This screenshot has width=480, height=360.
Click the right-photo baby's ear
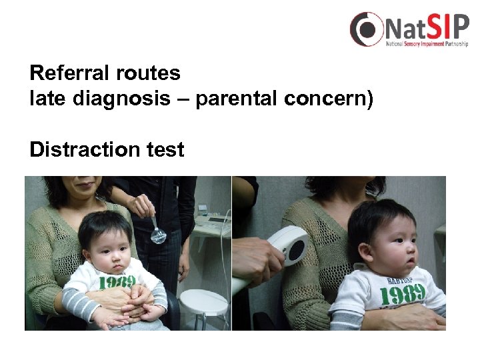[x=364, y=252]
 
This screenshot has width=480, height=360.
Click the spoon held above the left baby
[x=158, y=233]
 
